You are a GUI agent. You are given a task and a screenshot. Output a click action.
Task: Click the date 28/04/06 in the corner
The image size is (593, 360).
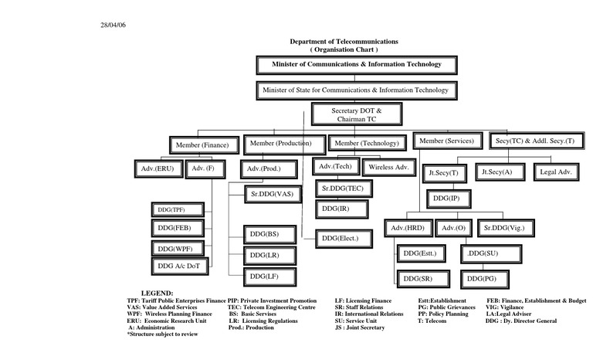113,25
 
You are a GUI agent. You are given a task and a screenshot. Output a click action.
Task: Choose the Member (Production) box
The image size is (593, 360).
283,143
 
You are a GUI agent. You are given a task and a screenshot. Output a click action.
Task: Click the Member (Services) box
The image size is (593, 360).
448,141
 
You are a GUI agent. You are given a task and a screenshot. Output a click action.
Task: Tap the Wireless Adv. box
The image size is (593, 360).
391,166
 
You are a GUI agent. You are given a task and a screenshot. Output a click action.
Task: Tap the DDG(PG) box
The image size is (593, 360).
486,278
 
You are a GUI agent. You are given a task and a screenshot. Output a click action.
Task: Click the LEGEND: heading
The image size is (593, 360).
158,294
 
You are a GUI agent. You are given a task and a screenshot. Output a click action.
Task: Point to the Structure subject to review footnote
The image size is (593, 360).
162,334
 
